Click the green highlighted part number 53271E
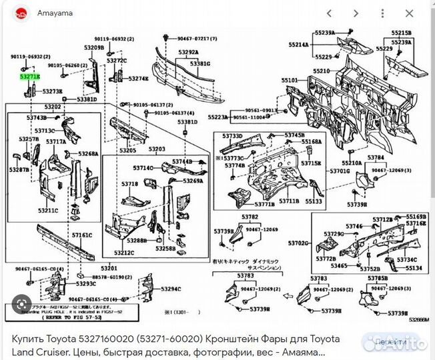(x=29, y=77)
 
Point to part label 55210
(x=322, y=70)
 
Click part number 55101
(x=289, y=81)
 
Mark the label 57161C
(x=82, y=235)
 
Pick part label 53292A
(x=187, y=52)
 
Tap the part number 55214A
(x=298, y=45)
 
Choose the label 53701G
(x=340, y=171)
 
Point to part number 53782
(x=250, y=217)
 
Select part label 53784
(x=376, y=157)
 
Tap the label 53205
(x=127, y=151)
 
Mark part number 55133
(x=314, y=201)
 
